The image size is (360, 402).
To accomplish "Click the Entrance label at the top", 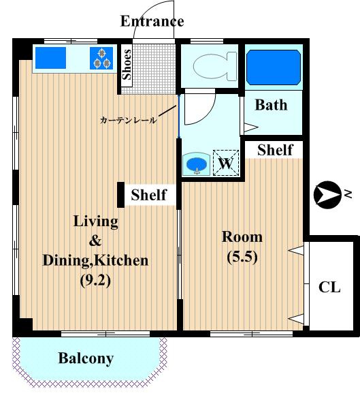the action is pyautogui.click(x=152, y=21).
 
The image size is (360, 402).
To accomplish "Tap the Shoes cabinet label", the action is pyautogui.click(x=127, y=65).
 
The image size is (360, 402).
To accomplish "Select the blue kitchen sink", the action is pyautogui.click(x=50, y=58).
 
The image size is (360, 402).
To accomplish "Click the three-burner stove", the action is pyautogui.click(x=101, y=58).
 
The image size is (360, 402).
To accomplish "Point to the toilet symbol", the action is pyautogui.click(x=214, y=66).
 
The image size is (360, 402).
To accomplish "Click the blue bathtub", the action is pyautogui.click(x=274, y=67).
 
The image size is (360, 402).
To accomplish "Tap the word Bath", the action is pyautogui.click(x=271, y=105).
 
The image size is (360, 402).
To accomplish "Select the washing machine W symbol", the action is pyautogui.click(x=226, y=163).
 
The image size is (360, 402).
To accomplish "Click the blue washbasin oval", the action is pyautogui.click(x=197, y=164).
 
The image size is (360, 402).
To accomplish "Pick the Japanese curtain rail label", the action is pyautogui.click(x=128, y=120).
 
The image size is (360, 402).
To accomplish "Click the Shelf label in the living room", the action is pyautogui.click(x=149, y=195).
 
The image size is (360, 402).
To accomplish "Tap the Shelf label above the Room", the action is pyautogui.click(x=275, y=150).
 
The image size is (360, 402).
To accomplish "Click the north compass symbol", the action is pyautogui.click(x=327, y=195).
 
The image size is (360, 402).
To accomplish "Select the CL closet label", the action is pyautogui.click(x=329, y=287).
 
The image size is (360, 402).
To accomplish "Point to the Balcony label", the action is pyautogui.click(x=86, y=358).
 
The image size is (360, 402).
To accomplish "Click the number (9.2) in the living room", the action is pyautogui.click(x=95, y=281).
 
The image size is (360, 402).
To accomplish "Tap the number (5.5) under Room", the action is pyautogui.click(x=242, y=257).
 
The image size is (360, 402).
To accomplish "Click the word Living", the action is pyautogui.click(x=96, y=221).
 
